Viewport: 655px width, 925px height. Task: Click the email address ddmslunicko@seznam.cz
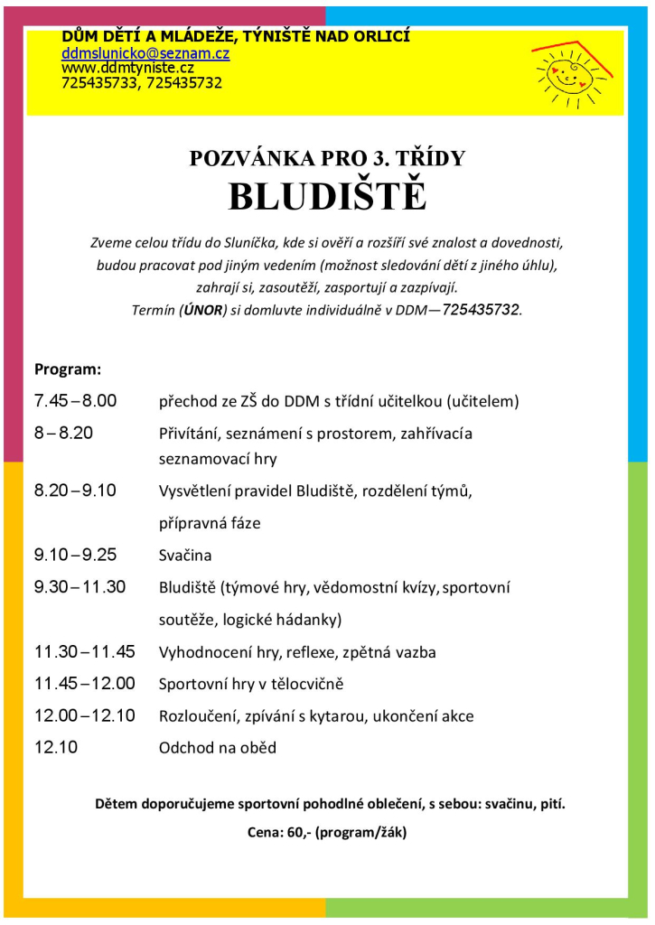point(145,53)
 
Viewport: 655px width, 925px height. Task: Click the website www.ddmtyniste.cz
point(127,68)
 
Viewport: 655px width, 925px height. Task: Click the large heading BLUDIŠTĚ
point(326,196)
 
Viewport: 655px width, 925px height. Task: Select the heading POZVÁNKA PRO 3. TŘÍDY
point(327,158)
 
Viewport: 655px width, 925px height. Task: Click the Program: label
point(68,369)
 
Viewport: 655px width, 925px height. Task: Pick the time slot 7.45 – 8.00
point(76,400)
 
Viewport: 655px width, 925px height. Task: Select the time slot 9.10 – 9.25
point(76,555)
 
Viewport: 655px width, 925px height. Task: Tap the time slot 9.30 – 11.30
point(80,587)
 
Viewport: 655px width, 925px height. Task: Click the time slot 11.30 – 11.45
point(85,651)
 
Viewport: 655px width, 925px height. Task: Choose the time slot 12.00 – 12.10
point(85,715)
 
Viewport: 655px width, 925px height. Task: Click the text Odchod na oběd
point(218,748)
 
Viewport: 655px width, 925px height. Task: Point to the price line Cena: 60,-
point(327,833)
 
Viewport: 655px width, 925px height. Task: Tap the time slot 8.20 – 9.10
point(76,491)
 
